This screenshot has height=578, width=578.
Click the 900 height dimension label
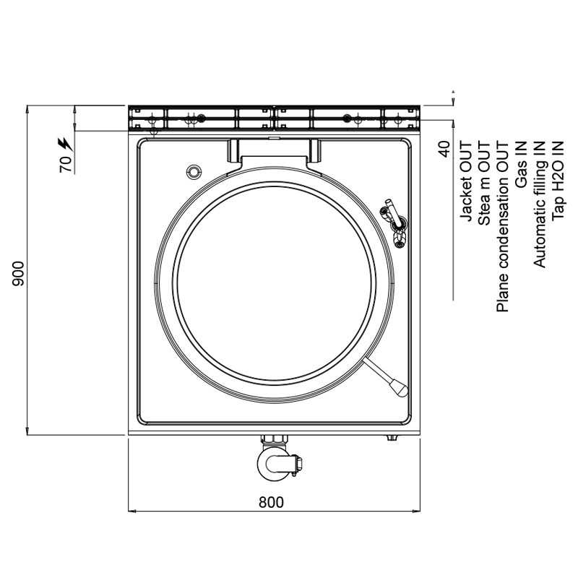[18, 274]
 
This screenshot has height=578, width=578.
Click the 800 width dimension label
[272, 502]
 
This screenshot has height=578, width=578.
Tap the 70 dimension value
[66, 164]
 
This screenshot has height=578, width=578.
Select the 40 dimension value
[444, 149]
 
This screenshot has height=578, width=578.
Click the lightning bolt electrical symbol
[65, 144]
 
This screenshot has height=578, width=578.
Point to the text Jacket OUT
[466, 181]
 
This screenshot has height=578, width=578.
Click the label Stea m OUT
[484, 184]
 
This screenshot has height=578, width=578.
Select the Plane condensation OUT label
[502, 227]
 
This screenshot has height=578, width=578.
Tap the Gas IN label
[521, 165]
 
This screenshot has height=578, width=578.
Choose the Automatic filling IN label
[539, 204]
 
